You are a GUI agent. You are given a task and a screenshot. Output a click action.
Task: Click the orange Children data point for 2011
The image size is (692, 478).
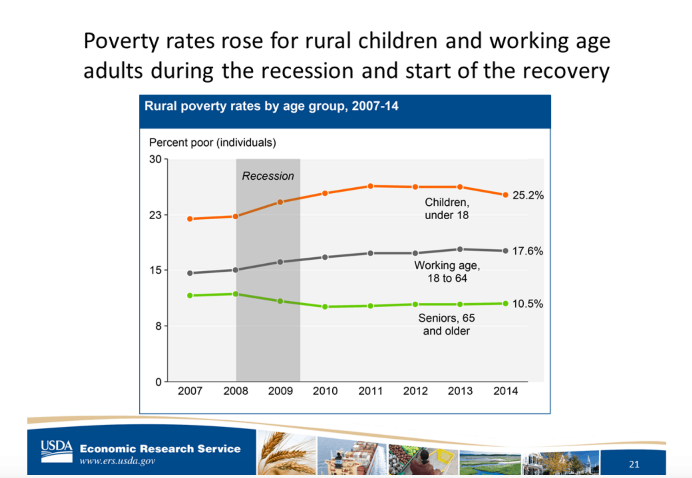point(370,186)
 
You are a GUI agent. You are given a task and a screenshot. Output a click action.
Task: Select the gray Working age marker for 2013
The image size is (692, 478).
point(460,249)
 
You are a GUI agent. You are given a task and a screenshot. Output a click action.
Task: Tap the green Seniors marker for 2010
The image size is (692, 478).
point(325,307)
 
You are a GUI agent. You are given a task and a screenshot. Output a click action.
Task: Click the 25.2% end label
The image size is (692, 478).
point(528,195)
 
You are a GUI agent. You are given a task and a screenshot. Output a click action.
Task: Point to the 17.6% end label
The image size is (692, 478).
point(527,251)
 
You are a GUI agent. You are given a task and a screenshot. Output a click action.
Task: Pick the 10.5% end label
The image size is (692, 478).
point(527,304)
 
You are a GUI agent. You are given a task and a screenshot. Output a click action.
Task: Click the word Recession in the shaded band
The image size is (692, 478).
point(268,176)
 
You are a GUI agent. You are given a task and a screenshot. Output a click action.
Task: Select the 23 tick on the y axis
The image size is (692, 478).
point(155,215)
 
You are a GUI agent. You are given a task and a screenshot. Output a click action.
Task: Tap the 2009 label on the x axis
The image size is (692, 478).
point(280,391)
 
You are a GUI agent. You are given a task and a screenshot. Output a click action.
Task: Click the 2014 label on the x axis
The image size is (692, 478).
point(505,391)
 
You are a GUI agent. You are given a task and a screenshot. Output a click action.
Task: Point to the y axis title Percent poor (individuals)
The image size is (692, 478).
point(212,142)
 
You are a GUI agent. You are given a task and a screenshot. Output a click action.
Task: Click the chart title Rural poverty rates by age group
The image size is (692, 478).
point(271,106)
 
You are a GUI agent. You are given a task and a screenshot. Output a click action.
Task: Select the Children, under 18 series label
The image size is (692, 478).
point(447,209)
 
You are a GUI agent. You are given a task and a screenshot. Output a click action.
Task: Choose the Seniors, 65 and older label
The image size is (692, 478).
point(446,324)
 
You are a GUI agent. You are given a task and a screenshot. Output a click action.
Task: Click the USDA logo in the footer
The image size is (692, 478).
point(57,451)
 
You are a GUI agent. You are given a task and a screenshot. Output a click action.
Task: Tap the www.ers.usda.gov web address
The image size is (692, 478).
point(117,461)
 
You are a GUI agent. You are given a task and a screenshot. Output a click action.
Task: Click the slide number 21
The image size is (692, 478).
point(634,464)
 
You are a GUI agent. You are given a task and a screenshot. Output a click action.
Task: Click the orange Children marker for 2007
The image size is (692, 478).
point(190,219)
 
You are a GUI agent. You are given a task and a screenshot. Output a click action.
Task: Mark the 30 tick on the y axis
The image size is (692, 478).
point(155,159)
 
